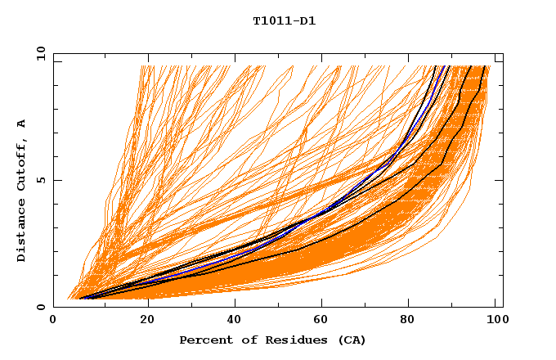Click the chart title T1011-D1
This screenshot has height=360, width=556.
pyautogui.click(x=284, y=20)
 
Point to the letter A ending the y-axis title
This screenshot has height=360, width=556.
pyautogui.click(x=21, y=124)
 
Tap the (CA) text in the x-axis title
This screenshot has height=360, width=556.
pyautogui.click(x=350, y=340)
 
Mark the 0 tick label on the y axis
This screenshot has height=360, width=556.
pyautogui.click(x=41, y=307)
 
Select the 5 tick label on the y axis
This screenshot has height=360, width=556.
pyautogui.click(x=41, y=180)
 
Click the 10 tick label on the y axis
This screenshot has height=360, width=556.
pyautogui.click(x=38, y=53)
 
